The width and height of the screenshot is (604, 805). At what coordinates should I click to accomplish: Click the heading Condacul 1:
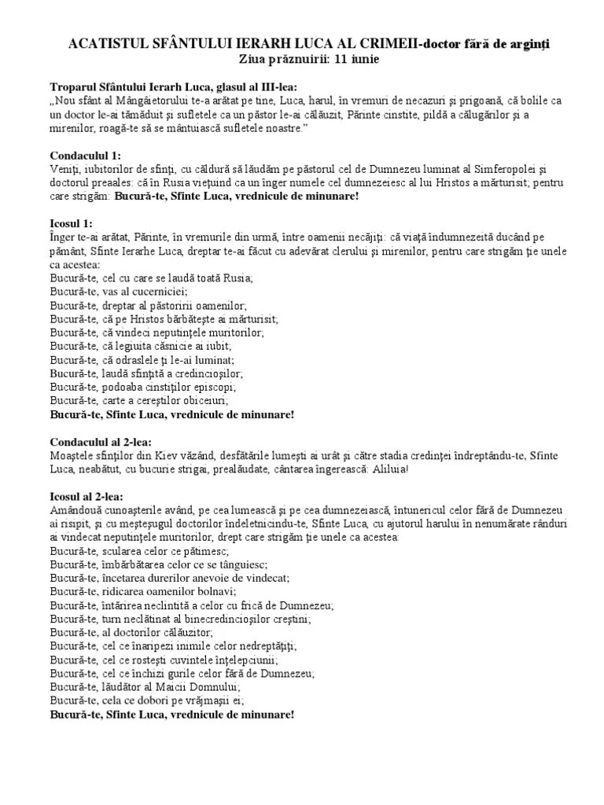(x=86, y=156)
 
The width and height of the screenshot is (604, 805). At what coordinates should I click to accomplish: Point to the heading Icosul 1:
(x=72, y=224)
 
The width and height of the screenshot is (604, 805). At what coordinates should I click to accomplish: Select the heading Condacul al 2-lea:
(x=101, y=442)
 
